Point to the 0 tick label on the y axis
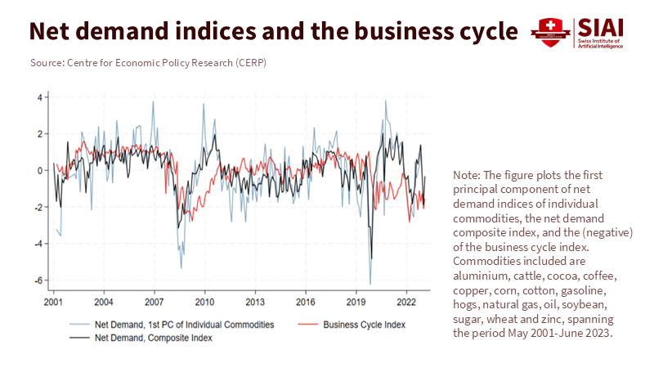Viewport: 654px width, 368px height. pyautogui.click(x=39, y=171)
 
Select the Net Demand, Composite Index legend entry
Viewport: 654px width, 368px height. pyautogui.click(x=154, y=337)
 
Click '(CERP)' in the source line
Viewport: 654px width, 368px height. pyautogui.click(x=249, y=63)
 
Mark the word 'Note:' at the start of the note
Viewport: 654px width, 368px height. pyautogui.click(x=468, y=176)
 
